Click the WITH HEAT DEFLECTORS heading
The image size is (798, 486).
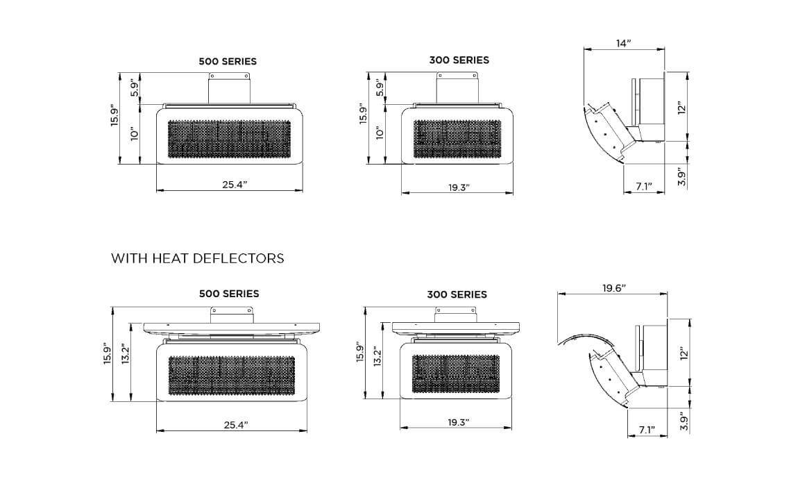coord(198,259)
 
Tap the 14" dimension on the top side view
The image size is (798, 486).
coord(623,44)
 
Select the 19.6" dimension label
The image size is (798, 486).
coord(613,288)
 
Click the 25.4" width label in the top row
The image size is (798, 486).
coord(235,184)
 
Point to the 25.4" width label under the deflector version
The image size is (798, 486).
coord(235,424)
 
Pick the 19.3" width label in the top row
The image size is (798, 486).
coord(457,187)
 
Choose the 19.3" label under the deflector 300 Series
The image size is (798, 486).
coord(457,422)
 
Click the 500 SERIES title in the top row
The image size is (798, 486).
coord(228,61)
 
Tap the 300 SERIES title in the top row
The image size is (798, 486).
coord(459,60)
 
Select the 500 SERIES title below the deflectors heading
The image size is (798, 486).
coord(229,294)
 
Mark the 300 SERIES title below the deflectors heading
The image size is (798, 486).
coord(457,294)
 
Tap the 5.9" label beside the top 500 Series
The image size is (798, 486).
coord(135,87)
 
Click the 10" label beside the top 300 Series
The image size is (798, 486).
coord(379,133)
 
